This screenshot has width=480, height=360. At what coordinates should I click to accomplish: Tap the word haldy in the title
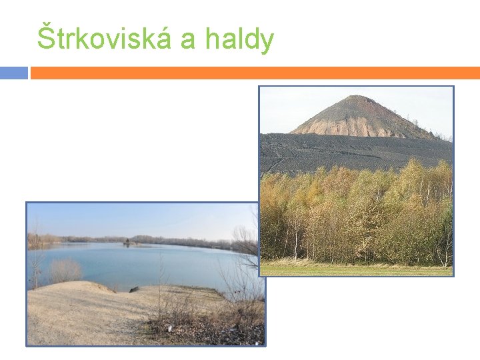(239, 39)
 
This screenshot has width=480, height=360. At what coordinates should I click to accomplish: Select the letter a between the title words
(188, 41)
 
